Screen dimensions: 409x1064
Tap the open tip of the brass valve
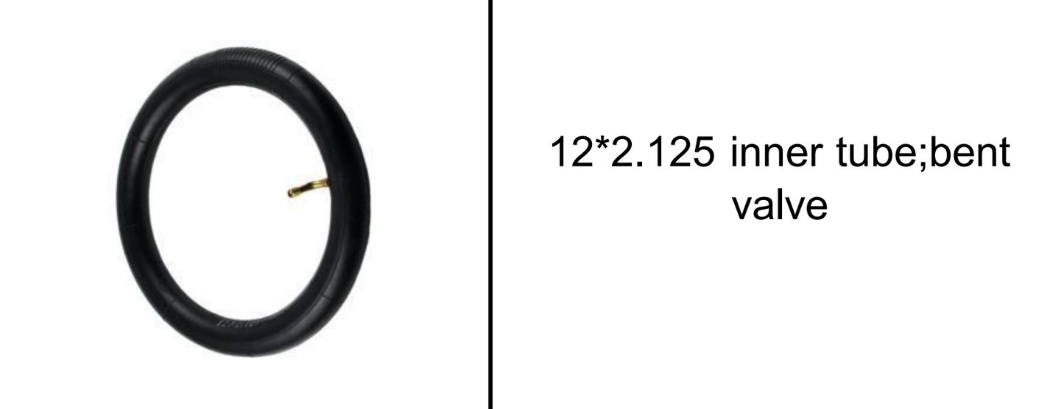291,194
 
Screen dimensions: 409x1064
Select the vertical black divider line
491,204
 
